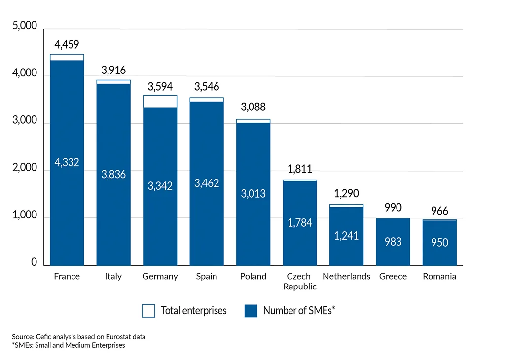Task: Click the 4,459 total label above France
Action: coord(67,45)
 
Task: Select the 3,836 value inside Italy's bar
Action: coord(113,174)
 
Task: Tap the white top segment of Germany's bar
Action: coord(160,101)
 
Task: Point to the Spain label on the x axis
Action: coord(206,276)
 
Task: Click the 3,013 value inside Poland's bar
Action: coord(253,194)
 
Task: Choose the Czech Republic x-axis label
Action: coord(299,281)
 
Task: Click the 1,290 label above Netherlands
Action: coord(346,193)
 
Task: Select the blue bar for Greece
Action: coord(393,242)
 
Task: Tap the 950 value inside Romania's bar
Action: coord(439,242)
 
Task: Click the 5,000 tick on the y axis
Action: coord(25,26)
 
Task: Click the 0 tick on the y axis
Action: coord(34,262)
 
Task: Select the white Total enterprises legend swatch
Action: coord(148,311)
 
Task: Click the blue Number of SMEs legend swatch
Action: coord(251,311)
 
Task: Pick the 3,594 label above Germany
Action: coord(160,87)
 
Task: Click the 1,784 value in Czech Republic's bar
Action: coord(299,223)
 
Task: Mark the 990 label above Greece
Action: coord(393,207)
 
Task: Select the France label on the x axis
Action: coord(67,276)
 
